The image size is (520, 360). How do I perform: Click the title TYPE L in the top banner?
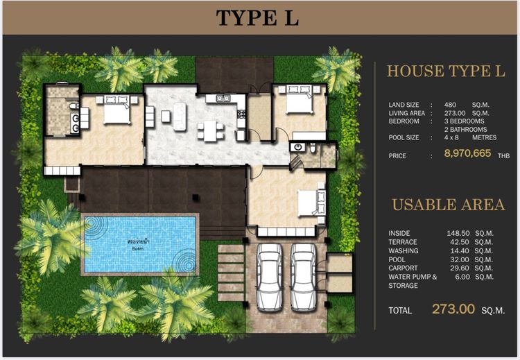coord(257,18)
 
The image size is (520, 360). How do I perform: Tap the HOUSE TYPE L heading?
coord(446,71)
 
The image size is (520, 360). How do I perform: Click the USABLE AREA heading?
coord(448,205)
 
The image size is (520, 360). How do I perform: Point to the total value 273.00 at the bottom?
coord(453,309)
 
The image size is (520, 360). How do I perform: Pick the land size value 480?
coord(450,105)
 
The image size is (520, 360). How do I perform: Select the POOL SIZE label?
coord(404,138)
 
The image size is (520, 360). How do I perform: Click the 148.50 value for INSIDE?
coord(458,233)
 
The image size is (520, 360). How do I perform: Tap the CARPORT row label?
coord(404,268)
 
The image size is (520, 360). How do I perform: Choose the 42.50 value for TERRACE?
coord(458,242)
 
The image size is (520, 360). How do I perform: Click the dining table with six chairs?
coord(208,128)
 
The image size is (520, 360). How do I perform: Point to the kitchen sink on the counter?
coord(223,99)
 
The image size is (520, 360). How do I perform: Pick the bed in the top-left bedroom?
coord(116,110)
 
